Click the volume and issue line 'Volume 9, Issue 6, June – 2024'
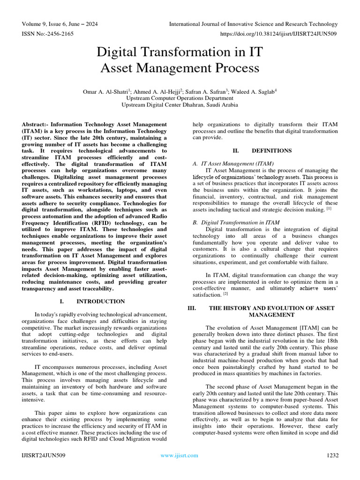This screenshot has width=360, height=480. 61,24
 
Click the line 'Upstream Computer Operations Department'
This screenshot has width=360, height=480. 180,98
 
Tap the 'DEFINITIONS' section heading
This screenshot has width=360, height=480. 272,150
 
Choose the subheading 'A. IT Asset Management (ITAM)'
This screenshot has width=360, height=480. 233,164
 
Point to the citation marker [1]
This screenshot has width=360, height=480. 329,209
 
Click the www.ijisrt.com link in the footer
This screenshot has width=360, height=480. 180,455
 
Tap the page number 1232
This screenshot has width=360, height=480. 332,455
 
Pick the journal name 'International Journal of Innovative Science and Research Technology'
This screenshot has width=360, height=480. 253,24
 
